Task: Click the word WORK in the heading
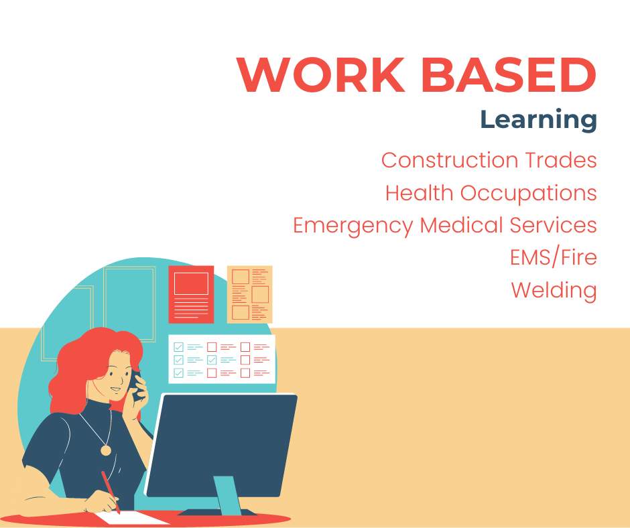point(320,75)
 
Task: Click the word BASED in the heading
point(509,75)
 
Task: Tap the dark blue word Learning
point(538,120)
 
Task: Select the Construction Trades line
point(489,160)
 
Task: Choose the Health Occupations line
point(491,193)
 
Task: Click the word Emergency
point(353,226)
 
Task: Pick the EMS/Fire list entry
point(553,257)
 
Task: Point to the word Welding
point(554,291)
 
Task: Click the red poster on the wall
point(191,295)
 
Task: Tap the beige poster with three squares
point(249,295)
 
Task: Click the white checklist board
point(222,359)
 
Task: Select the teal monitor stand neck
point(227,495)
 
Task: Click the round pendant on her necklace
point(106,450)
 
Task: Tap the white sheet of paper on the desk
point(133,518)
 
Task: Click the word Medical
point(461,225)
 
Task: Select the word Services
point(553,225)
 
